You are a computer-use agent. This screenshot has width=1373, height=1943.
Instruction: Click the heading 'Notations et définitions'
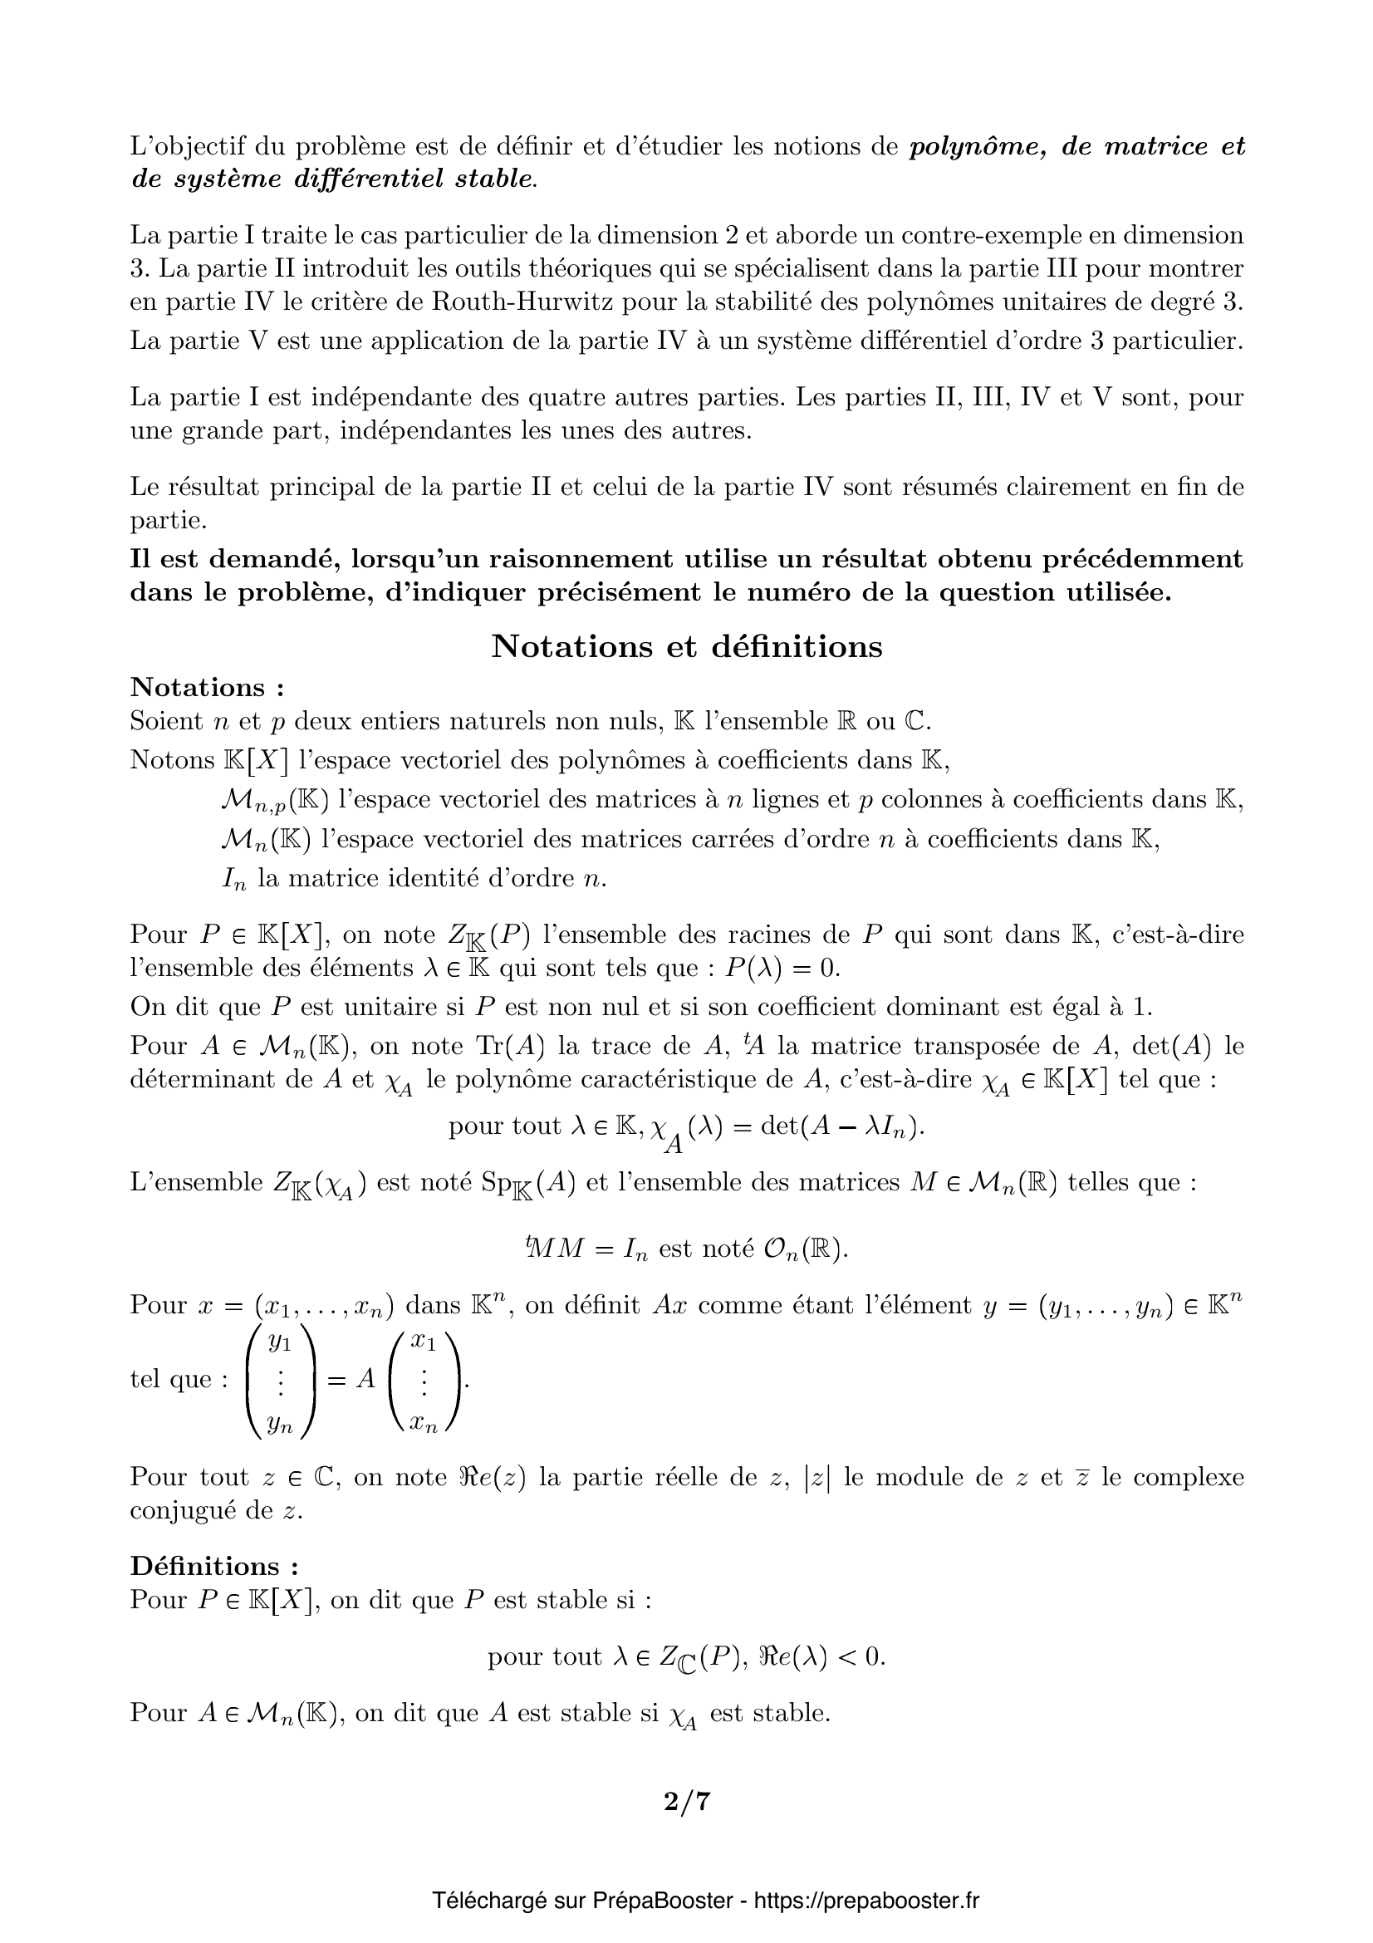click(x=686, y=646)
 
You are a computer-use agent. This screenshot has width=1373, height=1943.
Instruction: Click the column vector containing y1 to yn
click(x=279, y=1380)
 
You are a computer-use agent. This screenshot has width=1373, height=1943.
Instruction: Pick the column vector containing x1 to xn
click(x=424, y=1380)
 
